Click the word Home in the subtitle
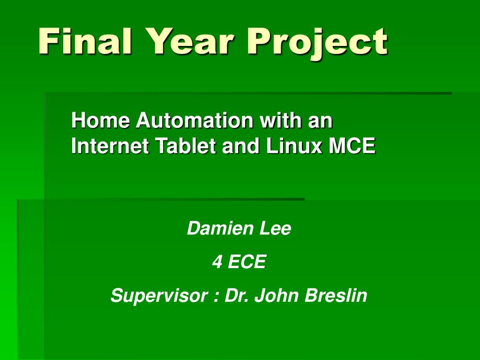pos(100,121)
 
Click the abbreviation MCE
pos(352,147)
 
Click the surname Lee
pos(277,229)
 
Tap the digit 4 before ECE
pos(217,262)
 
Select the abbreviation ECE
pos(247,262)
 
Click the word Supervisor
pos(159,296)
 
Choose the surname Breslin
pos(336,296)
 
